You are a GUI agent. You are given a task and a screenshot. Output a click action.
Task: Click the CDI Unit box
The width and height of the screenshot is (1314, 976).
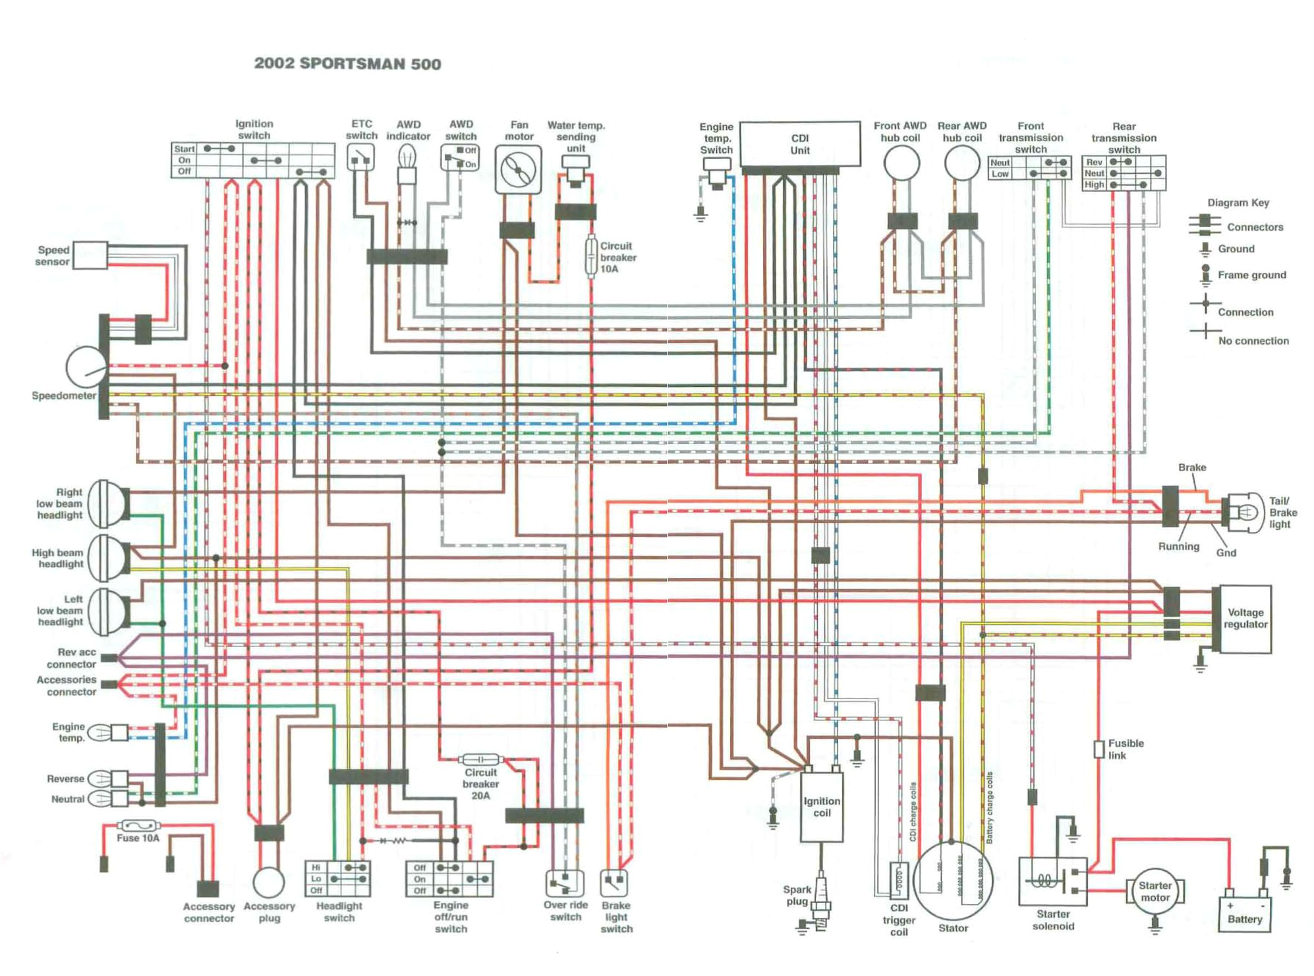(x=799, y=144)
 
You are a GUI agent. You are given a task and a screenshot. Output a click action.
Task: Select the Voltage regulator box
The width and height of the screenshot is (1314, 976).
(x=1244, y=618)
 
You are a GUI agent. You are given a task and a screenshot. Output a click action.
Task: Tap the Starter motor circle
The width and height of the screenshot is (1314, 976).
(x=1155, y=891)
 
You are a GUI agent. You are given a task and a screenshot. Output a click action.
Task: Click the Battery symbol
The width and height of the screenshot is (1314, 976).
(x=1244, y=913)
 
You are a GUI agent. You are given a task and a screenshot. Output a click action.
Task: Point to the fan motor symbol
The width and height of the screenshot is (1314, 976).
(x=518, y=171)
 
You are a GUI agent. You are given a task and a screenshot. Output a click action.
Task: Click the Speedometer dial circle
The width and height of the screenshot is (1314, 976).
(x=86, y=367)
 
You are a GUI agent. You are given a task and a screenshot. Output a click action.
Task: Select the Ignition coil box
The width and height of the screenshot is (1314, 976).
(x=821, y=807)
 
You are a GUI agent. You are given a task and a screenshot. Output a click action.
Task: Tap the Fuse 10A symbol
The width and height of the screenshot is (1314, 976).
(x=138, y=825)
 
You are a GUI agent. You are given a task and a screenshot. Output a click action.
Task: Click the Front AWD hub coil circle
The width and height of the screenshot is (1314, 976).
(x=901, y=163)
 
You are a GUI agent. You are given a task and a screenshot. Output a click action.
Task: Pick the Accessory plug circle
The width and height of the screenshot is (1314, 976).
(x=269, y=882)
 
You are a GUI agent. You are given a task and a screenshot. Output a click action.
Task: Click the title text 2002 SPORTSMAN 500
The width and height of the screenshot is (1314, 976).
(x=347, y=64)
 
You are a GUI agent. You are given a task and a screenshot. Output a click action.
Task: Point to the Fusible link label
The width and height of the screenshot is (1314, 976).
(x=1126, y=749)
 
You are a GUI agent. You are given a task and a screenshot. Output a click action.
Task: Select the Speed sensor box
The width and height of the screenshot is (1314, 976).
(x=90, y=255)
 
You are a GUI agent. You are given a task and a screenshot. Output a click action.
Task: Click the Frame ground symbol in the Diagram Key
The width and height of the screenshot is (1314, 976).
(x=1205, y=275)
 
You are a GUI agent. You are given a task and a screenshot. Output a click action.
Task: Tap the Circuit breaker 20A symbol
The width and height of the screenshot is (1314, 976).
(x=480, y=759)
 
